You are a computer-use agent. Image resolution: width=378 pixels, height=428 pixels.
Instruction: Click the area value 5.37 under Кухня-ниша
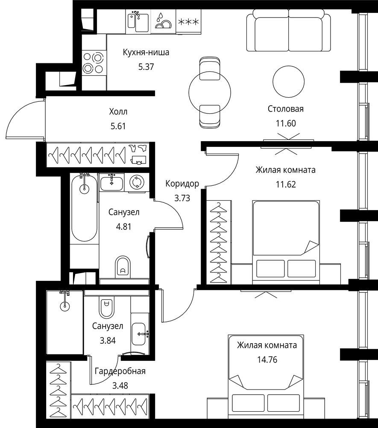(x=146, y=67)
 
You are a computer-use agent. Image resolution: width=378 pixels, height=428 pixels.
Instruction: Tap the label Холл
(x=118, y=112)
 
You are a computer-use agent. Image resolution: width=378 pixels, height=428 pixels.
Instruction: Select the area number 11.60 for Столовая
(x=286, y=123)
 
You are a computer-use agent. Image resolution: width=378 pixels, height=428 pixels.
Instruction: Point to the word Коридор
(x=182, y=184)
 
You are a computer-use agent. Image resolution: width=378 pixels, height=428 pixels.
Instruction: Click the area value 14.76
(x=267, y=360)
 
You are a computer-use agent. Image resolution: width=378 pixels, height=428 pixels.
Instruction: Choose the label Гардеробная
(x=120, y=371)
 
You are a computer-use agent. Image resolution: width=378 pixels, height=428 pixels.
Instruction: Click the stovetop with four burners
(x=94, y=62)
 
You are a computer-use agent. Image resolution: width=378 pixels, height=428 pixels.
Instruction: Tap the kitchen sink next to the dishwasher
(x=138, y=22)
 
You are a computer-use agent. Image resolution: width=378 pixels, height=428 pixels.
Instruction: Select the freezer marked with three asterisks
(x=188, y=21)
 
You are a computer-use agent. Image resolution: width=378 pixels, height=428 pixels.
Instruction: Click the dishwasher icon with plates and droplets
(x=163, y=21)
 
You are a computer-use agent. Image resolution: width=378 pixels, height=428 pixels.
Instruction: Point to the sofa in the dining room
(x=289, y=30)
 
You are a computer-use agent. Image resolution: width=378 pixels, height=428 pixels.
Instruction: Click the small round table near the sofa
(x=288, y=81)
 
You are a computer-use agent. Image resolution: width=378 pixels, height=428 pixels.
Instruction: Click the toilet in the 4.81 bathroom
(x=123, y=267)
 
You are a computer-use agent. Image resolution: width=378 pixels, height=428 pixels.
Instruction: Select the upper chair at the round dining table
(x=210, y=68)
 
